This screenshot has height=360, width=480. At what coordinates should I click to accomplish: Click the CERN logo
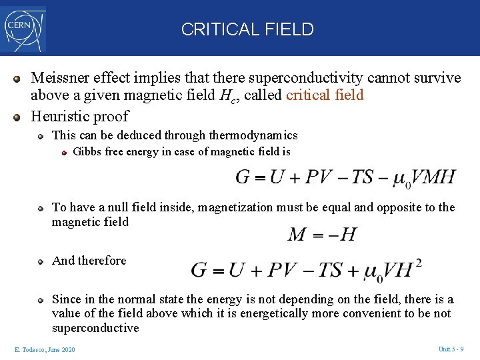25,29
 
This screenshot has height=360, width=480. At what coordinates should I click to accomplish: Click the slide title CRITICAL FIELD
247,29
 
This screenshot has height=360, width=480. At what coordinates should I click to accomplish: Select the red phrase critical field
325,95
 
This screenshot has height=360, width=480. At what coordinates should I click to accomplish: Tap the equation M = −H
323,234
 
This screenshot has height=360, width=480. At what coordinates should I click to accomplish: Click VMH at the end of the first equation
433,177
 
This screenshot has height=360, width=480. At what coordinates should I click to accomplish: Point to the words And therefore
89,261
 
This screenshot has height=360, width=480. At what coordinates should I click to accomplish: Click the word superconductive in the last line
95,328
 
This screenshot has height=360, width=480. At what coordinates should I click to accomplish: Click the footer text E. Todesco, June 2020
44,350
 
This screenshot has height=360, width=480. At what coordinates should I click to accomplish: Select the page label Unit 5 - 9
451,349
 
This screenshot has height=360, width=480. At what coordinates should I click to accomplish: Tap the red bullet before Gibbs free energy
64,153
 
